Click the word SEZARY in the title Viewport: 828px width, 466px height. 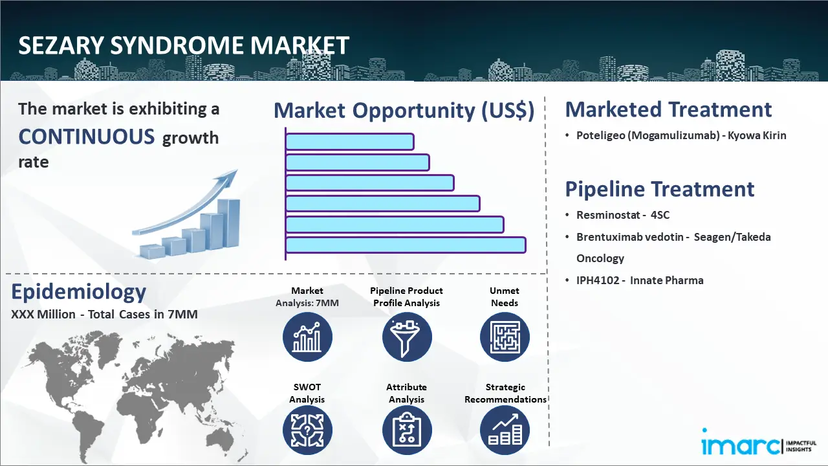click(61, 45)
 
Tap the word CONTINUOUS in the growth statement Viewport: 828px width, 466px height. click(87, 137)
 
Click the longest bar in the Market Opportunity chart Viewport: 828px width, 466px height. click(406, 245)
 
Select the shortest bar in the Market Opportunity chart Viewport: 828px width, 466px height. click(350, 141)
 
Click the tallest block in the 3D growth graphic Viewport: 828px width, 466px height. click(228, 223)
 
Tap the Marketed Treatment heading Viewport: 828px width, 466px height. click(668, 109)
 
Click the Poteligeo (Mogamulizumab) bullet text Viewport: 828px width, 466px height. click(681, 135)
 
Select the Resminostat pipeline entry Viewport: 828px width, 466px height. click(623, 215)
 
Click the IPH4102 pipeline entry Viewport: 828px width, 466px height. click(640, 280)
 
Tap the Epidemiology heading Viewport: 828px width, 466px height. click(79, 293)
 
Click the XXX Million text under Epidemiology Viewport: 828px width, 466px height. click(43, 314)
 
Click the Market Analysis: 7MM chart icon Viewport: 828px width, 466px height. click(307, 337)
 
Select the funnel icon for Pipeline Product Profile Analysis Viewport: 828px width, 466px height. click(407, 337)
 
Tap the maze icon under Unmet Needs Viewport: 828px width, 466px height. click(505, 337)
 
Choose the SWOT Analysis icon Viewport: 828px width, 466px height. click(307, 430)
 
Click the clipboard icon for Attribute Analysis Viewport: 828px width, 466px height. click(407, 430)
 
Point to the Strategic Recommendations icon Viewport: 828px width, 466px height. click(505, 430)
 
